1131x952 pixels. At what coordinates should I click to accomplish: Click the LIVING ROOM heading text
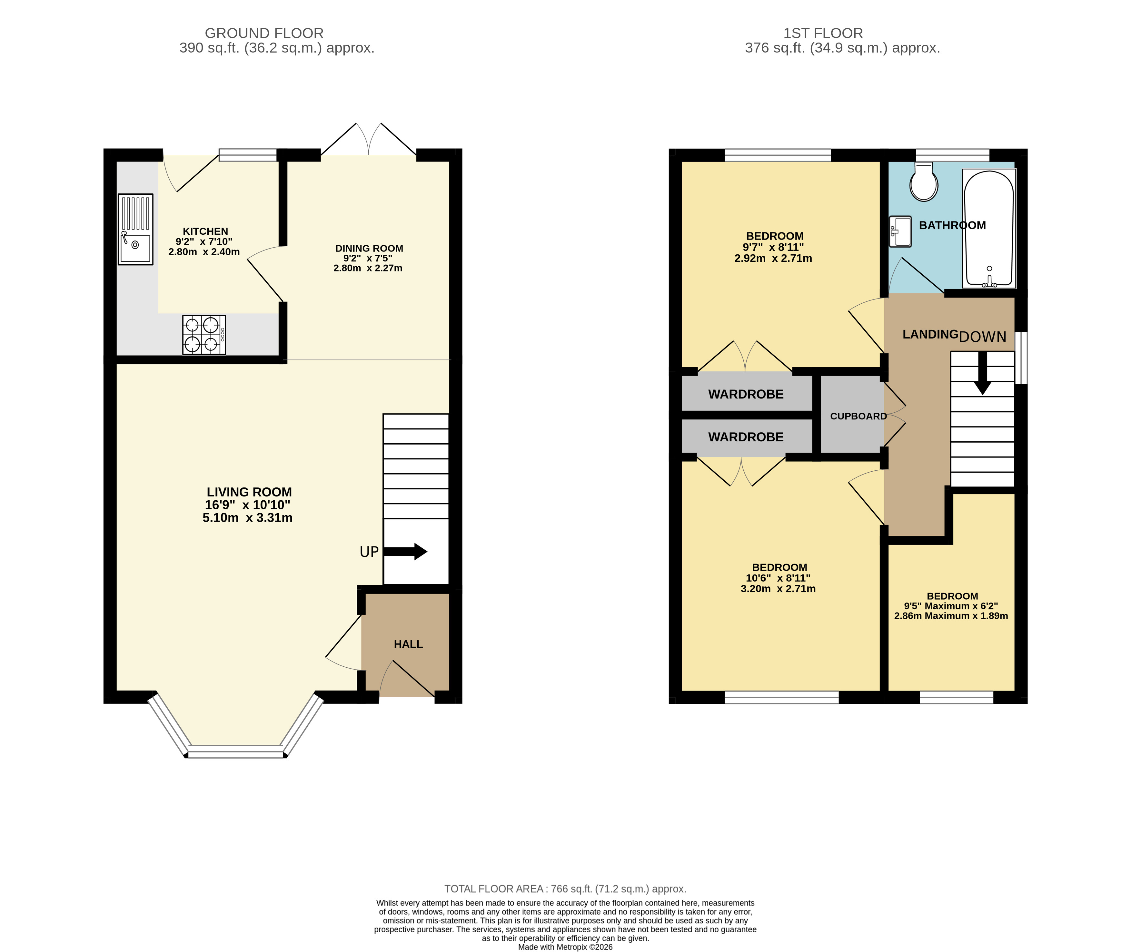[249, 492]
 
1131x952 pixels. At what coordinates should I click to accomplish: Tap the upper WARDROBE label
[746, 395]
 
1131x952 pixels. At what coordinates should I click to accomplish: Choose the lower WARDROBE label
[746, 437]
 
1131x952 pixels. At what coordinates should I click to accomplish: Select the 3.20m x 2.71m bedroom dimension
[778, 589]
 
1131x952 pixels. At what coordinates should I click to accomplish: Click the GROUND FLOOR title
[264, 34]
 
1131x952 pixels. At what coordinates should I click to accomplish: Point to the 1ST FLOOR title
[823, 34]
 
